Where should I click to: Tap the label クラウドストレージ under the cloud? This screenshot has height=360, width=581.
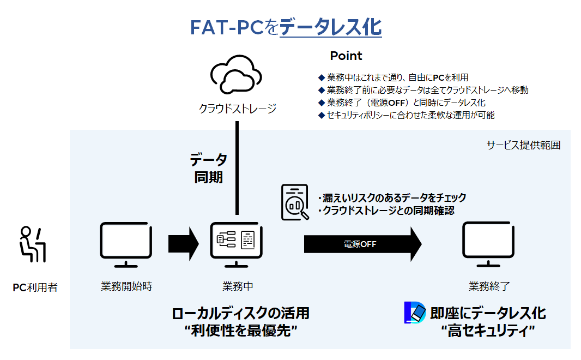238,109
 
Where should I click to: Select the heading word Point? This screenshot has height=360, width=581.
346,56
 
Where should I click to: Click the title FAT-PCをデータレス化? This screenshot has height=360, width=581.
286,27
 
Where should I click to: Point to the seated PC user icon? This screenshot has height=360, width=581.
32,244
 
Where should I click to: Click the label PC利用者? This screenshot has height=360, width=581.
35,287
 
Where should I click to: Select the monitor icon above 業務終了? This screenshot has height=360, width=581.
488,244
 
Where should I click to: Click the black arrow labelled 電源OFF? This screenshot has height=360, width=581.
363,244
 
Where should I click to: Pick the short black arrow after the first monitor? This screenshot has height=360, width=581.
184,244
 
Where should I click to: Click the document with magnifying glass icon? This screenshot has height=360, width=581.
295,202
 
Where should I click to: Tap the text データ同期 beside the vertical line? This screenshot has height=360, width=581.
209,169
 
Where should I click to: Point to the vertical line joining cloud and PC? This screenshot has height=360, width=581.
237,168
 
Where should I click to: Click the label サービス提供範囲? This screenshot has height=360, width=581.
523,145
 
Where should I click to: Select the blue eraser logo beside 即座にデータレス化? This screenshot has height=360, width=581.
415,313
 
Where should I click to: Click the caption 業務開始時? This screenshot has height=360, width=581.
127,286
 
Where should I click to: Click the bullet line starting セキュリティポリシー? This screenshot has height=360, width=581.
407,115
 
